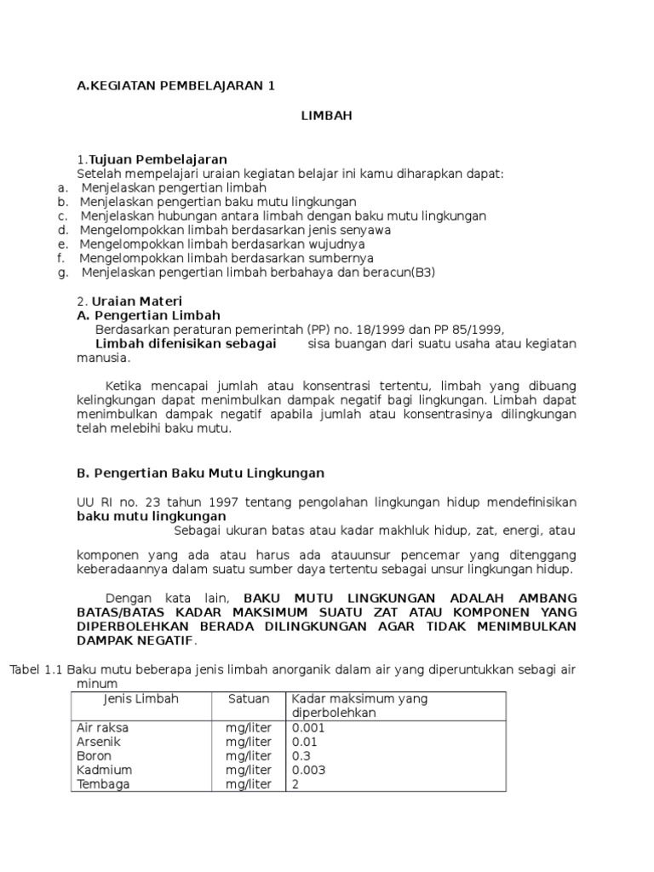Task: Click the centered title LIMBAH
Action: (x=326, y=117)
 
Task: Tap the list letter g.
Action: (x=62, y=272)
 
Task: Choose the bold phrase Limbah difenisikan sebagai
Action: (x=186, y=343)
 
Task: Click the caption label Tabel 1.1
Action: (x=36, y=669)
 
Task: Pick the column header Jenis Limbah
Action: (x=141, y=698)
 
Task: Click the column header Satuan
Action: (x=249, y=698)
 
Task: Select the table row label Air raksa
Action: (x=103, y=728)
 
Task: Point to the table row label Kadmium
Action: (x=105, y=770)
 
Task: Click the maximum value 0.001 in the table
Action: (x=308, y=728)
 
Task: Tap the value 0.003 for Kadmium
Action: (x=308, y=770)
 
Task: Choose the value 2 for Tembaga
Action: (x=295, y=784)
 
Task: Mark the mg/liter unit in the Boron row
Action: (x=249, y=756)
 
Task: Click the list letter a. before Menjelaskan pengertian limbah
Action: (x=62, y=187)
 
